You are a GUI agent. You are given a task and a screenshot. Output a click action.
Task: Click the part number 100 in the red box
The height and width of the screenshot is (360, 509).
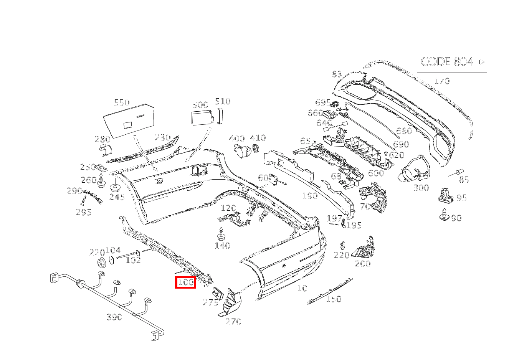click(x=186, y=282)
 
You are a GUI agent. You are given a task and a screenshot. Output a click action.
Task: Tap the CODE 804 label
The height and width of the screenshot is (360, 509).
click(x=447, y=61)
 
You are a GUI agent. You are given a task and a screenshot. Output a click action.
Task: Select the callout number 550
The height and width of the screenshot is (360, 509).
click(x=122, y=102)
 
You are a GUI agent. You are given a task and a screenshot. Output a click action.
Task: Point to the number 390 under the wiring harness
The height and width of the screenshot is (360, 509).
click(x=114, y=317)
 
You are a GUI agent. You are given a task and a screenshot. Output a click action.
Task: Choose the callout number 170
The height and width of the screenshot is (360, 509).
click(x=442, y=81)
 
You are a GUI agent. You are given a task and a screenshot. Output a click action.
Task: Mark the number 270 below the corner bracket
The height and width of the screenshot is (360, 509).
click(x=233, y=321)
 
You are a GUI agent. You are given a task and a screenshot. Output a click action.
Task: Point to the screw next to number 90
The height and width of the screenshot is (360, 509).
click(x=445, y=214)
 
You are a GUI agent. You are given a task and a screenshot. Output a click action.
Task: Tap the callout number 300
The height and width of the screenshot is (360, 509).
click(x=421, y=188)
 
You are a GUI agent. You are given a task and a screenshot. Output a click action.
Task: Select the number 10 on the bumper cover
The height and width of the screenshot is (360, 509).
click(x=302, y=288)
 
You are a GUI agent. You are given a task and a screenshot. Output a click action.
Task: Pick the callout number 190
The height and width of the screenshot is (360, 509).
click(x=310, y=196)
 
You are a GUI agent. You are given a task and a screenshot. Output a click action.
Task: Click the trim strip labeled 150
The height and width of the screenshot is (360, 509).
click(x=330, y=291)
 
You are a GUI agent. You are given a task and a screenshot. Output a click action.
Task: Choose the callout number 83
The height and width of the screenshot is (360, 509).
click(x=337, y=74)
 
